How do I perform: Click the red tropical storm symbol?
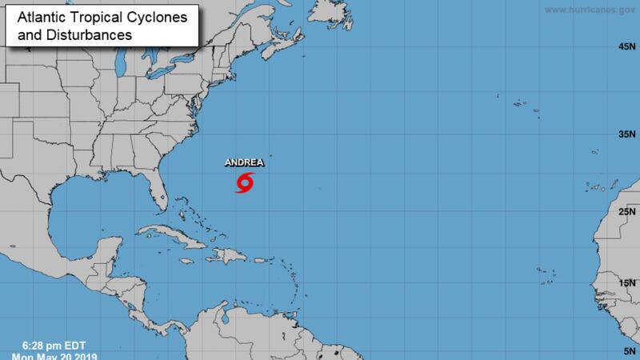[245, 183]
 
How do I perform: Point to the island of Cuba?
[173, 234]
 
